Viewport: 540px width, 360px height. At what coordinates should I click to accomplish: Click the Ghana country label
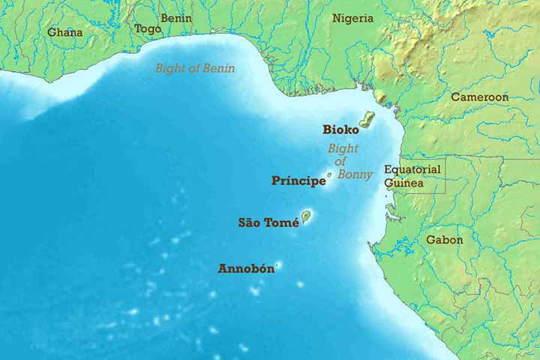pos(65,32)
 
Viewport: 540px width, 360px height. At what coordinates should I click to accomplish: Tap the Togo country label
pos(147,29)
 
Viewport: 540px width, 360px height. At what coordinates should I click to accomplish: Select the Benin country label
pos(176,18)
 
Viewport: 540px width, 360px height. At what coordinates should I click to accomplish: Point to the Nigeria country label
pos(353,18)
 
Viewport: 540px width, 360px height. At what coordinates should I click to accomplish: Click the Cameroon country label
pos(479,97)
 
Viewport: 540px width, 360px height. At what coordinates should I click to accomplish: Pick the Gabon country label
pos(445,240)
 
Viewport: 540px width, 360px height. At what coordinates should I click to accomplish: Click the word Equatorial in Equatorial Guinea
pos(412,169)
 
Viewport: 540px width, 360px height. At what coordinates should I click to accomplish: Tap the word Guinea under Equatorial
pos(404,182)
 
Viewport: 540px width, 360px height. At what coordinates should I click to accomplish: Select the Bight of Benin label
pos(195,68)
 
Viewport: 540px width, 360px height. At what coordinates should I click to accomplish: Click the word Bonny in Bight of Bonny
pos(355,174)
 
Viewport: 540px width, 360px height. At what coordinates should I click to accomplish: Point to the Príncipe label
pos(298,181)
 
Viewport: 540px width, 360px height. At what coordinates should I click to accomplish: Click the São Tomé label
pos(268,222)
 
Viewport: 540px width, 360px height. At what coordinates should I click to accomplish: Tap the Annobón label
pos(246,268)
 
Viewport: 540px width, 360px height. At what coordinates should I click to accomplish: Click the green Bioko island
pos(367,120)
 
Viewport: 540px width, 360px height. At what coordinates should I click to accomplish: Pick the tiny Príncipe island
pos(329,175)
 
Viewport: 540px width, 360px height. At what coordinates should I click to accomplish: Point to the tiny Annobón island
pos(278,265)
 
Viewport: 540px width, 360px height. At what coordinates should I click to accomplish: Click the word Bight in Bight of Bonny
pos(342,148)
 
